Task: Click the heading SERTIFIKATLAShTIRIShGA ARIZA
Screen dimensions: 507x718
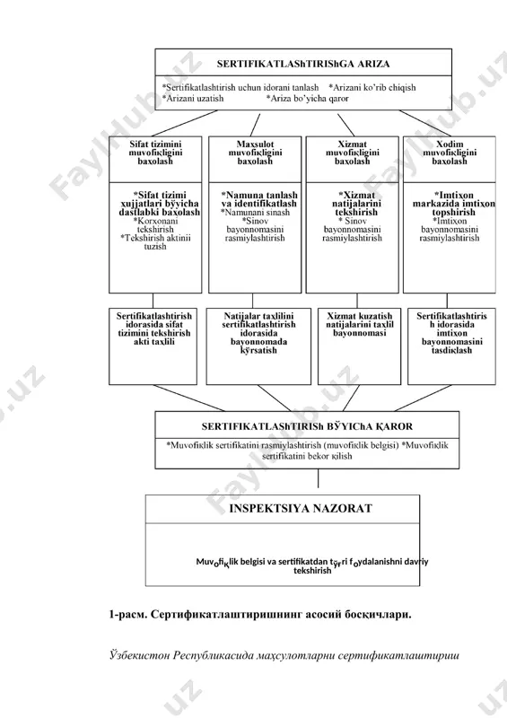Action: (303, 64)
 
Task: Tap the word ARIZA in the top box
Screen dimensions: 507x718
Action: (373, 64)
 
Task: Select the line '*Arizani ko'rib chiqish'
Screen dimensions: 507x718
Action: (372, 87)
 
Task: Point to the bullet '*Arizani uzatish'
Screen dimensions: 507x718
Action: (193, 99)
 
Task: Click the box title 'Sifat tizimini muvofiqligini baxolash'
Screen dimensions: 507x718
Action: (155, 153)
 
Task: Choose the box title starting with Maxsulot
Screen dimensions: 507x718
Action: (255, 153)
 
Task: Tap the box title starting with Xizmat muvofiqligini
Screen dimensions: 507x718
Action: (352, 153)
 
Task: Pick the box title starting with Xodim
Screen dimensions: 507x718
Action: (450, 153)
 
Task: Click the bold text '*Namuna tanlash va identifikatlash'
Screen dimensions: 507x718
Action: (259, 199)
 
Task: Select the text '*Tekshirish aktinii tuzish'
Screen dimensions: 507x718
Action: (155, 242)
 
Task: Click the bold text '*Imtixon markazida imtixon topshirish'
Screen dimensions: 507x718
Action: (453, 204)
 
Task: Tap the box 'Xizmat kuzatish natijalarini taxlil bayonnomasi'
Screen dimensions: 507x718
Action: (360, 346)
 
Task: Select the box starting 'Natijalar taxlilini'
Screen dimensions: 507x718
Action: (258, 346)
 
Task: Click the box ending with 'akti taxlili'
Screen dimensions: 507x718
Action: (153, 346)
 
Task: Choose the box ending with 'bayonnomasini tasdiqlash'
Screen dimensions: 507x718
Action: (451, 346)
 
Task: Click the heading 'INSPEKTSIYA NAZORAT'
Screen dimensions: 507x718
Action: (301, 509)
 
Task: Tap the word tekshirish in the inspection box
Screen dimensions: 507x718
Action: (312, 571)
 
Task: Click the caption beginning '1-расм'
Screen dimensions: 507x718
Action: (260, 615)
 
